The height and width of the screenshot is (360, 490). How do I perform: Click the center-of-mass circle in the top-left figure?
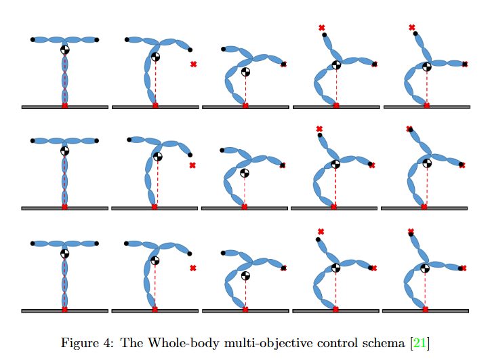pyautogui.click(x=65, y=49)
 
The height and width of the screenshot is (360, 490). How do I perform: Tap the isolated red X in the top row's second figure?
pyautogui.click(x=194, y=64)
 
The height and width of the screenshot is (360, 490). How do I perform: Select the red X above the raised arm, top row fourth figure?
pyautogui.click(x=322, y=28)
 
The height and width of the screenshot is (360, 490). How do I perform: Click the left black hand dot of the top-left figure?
pyautogui.click(x=33, y=40)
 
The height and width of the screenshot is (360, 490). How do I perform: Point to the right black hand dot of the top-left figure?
pyautogui.click(x=98, y=40)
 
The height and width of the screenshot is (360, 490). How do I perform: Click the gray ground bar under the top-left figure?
pyautogui.click(x=65, y=107)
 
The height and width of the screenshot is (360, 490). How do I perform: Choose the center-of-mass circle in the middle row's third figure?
pyautogui.click(x=245, y=173)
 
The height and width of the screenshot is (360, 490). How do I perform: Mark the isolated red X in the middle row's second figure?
pyautogui.click(x=192, y=165)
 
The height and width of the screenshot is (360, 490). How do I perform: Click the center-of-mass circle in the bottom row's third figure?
pyautogui.click(x=245, y=276)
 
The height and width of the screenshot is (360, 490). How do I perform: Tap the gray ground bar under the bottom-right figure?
pyautogui.click(x=425, y=311)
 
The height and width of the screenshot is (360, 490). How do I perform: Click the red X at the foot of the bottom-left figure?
pyautogui.click(x=65, y=309)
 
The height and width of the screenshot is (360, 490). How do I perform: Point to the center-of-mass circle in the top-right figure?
pyautogui.click(x=426, y=66)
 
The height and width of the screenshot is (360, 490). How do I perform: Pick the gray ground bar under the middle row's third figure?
pyautogui.click(x=245, y=208)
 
